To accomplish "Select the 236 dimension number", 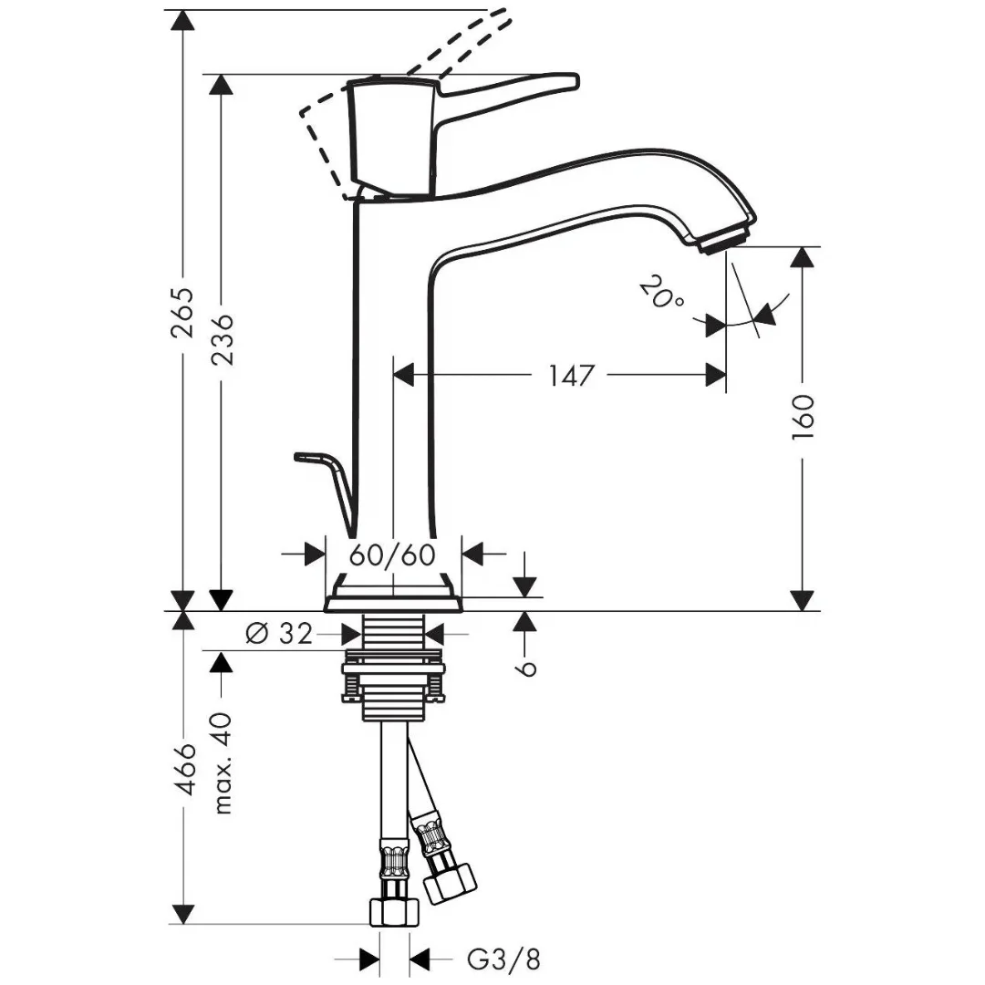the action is coord(221,339).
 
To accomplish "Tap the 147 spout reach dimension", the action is coord(571,376).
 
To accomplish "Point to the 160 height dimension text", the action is coord(803,417).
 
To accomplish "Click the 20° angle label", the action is coord(661,294).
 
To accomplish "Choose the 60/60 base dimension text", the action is coord(392,555).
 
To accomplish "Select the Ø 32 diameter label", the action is coord(279,635).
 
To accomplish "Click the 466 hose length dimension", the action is coord(183,770).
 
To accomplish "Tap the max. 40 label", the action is coord(223,763).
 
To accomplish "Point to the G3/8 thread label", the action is coord(503,959).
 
